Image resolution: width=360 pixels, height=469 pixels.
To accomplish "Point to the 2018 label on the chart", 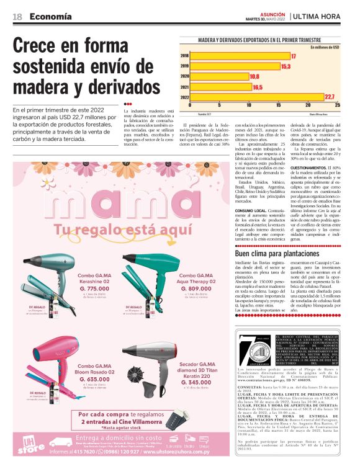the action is pyautogui.click(x=184, y=56).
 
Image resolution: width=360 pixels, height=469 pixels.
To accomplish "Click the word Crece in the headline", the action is pyautogui.click(x=41, y=46).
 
